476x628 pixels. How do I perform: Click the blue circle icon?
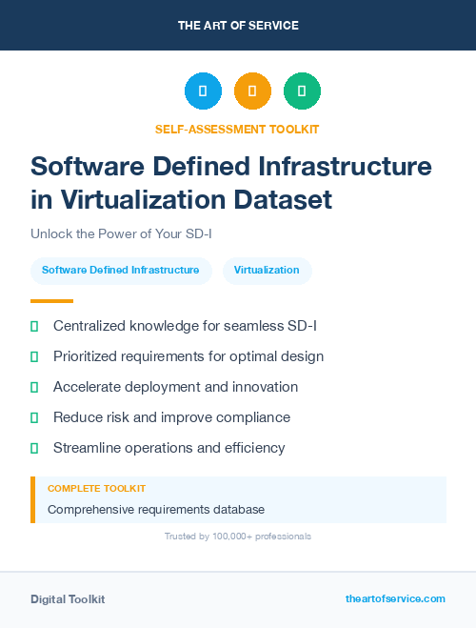[x=203, y=91]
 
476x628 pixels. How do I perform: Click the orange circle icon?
[x=252, y=91]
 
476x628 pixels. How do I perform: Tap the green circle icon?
[x=302, y=91]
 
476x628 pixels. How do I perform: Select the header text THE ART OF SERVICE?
[x=238, y=25]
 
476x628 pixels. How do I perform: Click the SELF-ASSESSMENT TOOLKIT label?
[x=237, y=129]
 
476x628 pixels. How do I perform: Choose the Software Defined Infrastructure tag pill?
[x=121, y=271]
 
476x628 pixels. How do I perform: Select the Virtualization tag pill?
[x=267, y=271]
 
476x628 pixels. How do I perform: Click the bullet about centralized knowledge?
[x=185, y=326]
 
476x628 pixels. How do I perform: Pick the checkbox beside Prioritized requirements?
[x=34, y=356]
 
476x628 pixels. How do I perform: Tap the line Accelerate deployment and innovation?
[x=175, y=387]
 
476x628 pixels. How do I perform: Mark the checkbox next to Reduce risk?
[x=34, y=417]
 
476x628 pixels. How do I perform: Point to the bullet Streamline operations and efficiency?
[x=169, y=448]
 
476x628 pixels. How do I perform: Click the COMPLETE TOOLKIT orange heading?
[x=96, y=488]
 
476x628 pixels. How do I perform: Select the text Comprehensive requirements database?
[x=156, y=510]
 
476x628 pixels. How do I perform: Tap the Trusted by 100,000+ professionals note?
[x=238, y=537]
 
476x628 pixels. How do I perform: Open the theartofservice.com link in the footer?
[x=395, y=598]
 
